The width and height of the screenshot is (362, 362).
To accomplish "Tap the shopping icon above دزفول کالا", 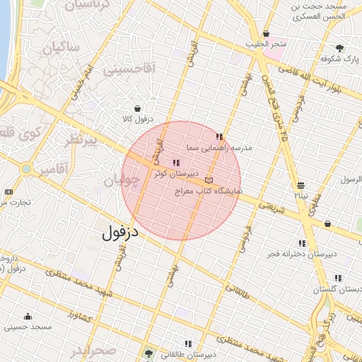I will coord(145,108).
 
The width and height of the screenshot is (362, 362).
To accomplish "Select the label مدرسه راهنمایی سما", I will coord(219,148).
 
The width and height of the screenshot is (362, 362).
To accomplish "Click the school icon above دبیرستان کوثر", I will coord(175,163).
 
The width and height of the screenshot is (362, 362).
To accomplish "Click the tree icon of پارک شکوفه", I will coord(341,47).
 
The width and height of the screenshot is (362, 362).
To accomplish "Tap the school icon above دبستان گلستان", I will coord(338,278).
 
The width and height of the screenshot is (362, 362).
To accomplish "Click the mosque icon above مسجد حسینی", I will coord(28,316).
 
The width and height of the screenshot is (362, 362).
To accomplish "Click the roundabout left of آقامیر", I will coord(26,170).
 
